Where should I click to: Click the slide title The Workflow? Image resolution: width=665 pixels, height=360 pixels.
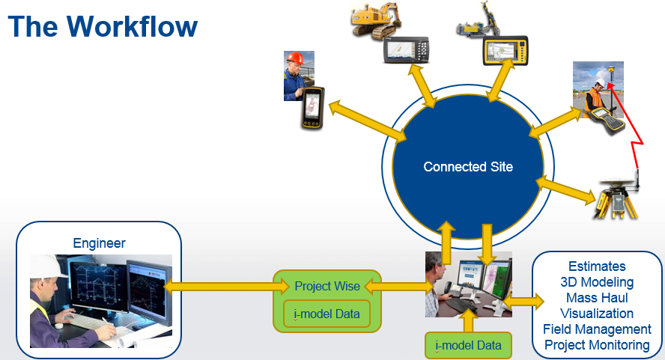point(103,26)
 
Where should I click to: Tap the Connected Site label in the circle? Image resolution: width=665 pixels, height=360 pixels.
point(468,167)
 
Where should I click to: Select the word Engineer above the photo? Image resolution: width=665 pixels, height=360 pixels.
point(100,243)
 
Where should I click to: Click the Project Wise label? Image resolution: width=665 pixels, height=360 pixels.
point(327,286)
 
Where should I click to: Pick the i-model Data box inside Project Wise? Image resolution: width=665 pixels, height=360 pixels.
point(327,314)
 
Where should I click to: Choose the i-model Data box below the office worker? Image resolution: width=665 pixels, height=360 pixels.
point(468,345)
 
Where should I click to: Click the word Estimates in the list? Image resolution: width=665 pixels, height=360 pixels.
point(597,266)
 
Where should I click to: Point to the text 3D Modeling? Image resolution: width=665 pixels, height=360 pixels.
point(597,282)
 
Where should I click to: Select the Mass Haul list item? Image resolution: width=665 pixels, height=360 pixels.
point(597,298)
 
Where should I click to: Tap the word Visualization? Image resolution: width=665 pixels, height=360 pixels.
point(597,314)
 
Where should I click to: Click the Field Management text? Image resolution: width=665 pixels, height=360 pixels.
point(597,329)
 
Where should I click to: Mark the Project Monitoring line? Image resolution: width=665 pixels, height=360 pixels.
point(597,345)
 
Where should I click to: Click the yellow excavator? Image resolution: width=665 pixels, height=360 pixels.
point(376,21)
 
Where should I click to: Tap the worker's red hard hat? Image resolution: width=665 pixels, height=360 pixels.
point(295,58)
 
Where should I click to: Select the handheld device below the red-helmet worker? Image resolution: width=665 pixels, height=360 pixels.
point(312,108)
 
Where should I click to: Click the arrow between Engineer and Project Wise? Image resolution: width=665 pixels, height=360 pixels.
point(226,287)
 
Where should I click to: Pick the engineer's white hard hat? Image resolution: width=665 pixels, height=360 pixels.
point(48,266)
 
